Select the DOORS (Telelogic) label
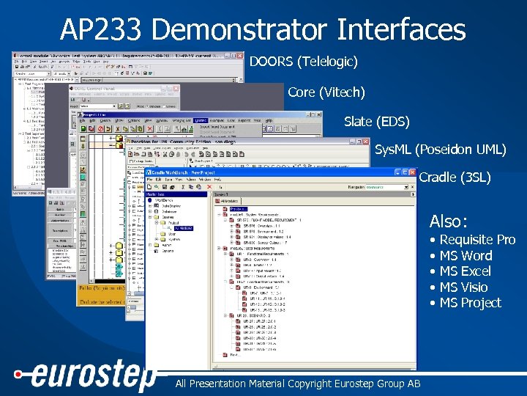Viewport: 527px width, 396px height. pos(303,62)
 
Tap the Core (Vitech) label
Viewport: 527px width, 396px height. pos(326,92)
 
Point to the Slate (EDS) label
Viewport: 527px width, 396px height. pos(376,121)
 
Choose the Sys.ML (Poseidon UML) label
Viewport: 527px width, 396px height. pos(440,150)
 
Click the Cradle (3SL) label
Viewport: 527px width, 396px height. pos(454,177)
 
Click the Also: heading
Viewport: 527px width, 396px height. pos(448,221)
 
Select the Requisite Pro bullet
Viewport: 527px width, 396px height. pos(476,240)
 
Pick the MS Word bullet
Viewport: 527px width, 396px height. pos(466,256)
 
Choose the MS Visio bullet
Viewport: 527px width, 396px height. pos(463,287)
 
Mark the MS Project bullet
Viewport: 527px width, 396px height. pos(470,303)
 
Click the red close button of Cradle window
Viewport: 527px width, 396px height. pos(412,172)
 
